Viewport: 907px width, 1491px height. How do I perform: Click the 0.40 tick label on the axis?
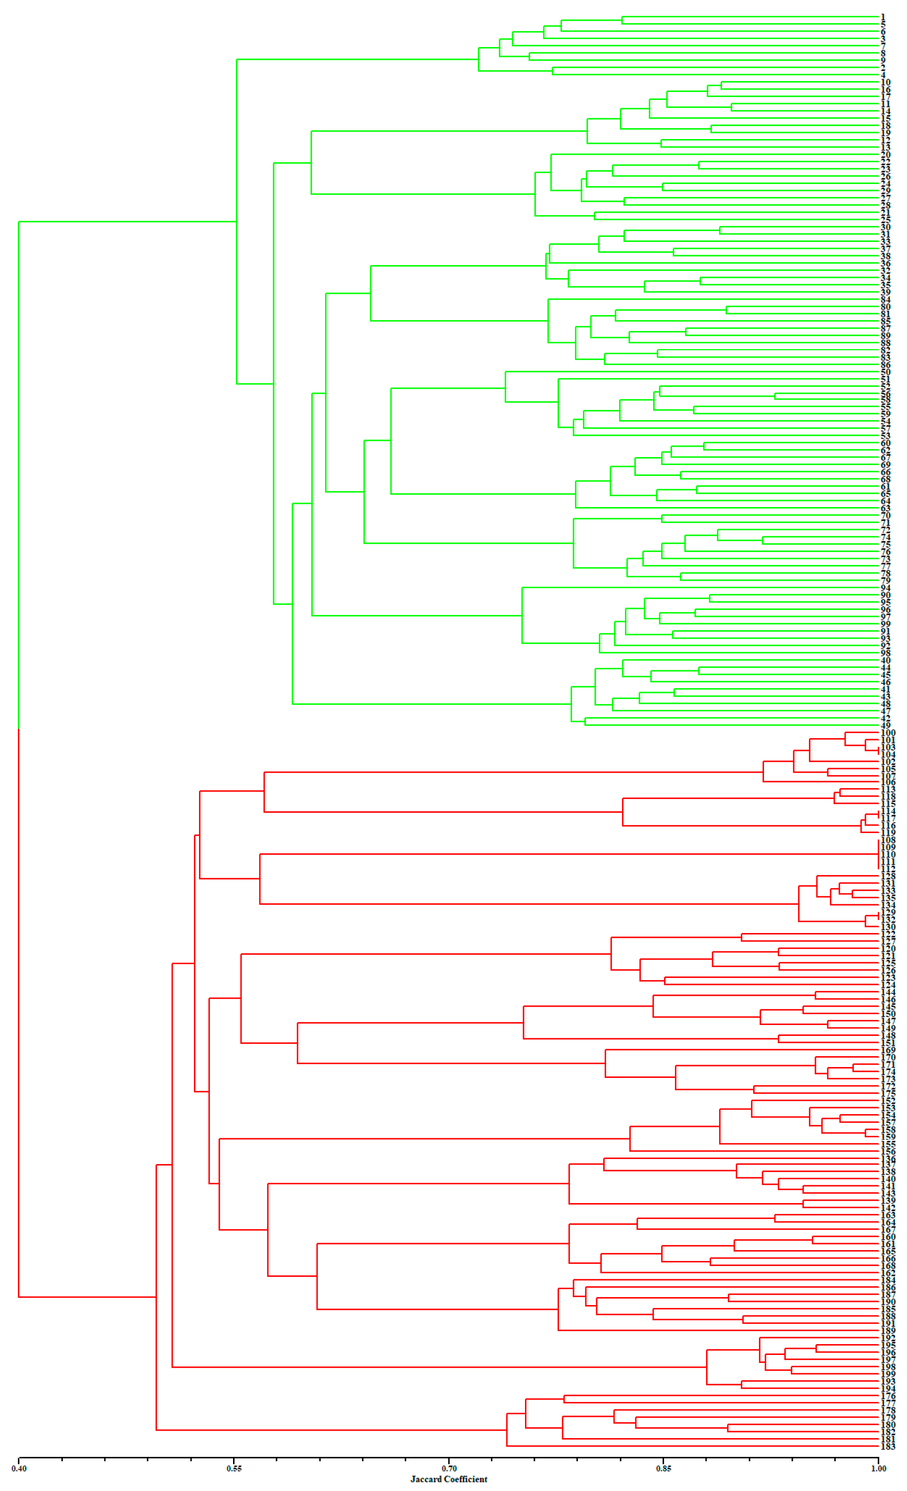point(19,1469)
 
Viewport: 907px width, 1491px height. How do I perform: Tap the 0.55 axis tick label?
point(234,1469)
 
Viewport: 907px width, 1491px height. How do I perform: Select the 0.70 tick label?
point(449,1469)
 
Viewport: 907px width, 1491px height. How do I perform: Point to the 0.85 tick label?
point(663,1469)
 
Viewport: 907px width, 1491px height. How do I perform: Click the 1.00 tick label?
point(878,1469)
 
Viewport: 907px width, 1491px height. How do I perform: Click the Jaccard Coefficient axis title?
point(449,1479)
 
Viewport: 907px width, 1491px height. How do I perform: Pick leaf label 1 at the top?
point(883,17)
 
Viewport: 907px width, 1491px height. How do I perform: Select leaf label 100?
point(888,733)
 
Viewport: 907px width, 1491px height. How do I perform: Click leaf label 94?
point(885,588)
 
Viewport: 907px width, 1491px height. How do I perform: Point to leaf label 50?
point(885,372)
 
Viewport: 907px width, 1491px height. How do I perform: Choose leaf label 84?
point(885,299)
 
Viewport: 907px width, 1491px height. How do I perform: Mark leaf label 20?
point(885,155)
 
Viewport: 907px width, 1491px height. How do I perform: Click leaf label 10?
point(885,82)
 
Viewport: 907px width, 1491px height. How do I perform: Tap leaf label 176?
point(888,1396)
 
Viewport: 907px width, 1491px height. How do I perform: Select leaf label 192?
point(888,1338)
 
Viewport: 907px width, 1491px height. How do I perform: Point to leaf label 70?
point(885,515)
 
